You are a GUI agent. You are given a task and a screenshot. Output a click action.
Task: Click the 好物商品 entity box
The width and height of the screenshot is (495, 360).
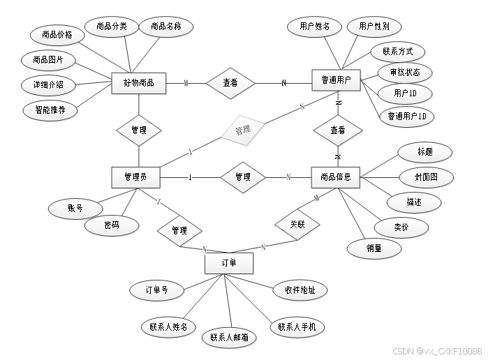(x=138, y=83)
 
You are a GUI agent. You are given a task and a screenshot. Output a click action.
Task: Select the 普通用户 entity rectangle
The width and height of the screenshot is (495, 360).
(x=336, y=82)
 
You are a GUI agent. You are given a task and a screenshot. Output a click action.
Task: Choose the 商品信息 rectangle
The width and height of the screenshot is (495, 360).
(x=336, y=177)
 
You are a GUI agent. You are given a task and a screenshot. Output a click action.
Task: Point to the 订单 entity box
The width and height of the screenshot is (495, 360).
(x=228, y=264)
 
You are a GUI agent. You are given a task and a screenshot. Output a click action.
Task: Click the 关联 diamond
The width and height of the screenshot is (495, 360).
(x=296, y=225)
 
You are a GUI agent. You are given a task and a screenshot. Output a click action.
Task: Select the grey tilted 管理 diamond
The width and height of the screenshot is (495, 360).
(x=242, y=130)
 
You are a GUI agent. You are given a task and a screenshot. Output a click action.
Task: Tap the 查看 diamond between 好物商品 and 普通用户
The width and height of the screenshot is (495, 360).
(x=230, y=83)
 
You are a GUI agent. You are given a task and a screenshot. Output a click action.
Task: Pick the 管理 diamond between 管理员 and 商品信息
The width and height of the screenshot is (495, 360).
(x=242, y=177)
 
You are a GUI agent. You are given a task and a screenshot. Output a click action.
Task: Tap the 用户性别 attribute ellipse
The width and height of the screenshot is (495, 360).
(x=374, y=27)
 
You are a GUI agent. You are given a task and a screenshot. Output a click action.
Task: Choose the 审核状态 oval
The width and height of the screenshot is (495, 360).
(x=404, y=73)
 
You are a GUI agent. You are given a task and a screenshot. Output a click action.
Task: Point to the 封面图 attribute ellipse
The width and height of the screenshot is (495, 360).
(x=426, y=177)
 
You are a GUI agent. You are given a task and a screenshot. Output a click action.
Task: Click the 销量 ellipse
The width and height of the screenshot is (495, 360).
(x=374, y=247)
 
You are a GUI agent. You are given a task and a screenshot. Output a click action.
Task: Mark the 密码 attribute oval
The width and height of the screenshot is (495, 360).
(x=111, y=225)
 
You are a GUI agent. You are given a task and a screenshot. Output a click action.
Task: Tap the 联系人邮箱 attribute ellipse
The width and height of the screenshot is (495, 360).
(x=229, y=337)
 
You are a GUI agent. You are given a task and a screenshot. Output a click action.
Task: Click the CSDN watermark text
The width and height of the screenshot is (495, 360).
(x=436, y=351)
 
